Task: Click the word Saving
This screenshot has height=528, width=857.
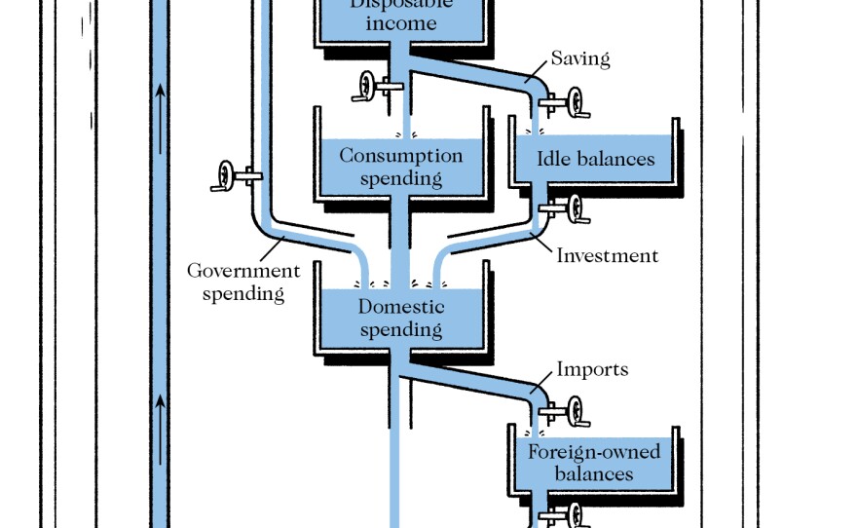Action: click(x=580, y=58)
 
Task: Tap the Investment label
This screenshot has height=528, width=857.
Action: click(x=607, y=256)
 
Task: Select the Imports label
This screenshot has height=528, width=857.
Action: click(x=592, y=370)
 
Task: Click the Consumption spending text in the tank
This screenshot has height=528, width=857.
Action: click(x=400, y=167)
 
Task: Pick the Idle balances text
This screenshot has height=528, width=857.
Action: click(x=596, y=159)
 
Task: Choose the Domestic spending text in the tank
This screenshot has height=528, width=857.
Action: click(x=401, y=319)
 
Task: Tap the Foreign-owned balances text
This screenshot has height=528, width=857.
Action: click(x=594, y=463)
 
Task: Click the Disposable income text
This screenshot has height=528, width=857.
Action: click(x=401, y=14)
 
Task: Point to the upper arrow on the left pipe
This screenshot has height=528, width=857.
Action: click(x=160, y=97)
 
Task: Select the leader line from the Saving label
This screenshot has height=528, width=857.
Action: click(x=537, y=70)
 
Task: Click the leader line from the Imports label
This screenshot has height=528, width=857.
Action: click(x=541, y=380)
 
